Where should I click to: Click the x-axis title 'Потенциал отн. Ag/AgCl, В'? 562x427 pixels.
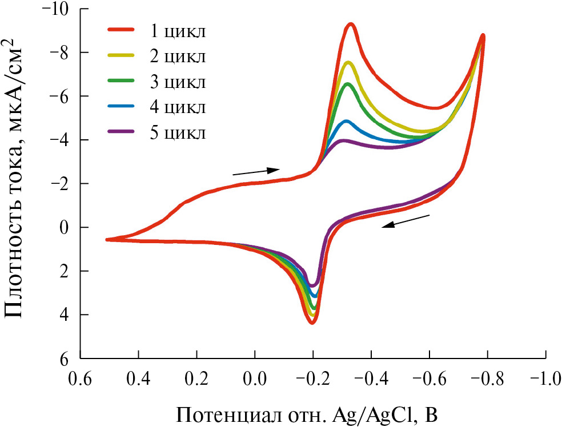click(x=309, y=412)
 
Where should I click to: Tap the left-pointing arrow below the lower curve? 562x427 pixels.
click(x=406, y=221)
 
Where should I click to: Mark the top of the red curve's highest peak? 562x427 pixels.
click(x=351, y=24)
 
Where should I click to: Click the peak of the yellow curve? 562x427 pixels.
click(x=348, y=62)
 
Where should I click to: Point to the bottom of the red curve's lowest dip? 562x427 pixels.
click(x=312, y=323)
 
